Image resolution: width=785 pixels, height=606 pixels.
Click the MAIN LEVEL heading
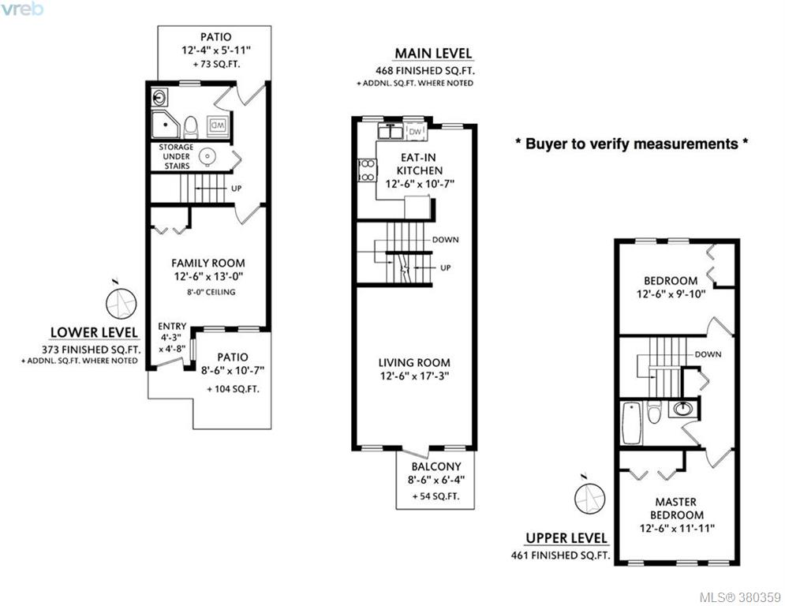(433, 53)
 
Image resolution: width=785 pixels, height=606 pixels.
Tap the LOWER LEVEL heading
(94, 332)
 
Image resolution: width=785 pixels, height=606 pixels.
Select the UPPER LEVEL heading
(566, 538)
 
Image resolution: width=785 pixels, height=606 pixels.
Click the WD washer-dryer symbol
(219, 125)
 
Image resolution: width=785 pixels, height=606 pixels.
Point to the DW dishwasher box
(415, 132)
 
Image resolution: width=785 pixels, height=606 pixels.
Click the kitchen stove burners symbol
(367, 170)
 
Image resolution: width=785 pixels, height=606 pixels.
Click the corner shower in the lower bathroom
(165, 124)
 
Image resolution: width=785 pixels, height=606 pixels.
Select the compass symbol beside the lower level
(121, 302)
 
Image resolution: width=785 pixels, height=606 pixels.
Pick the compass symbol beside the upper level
(590, 499)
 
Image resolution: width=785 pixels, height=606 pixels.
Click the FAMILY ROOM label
(208, 263)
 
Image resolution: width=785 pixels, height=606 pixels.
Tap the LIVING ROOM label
(414, 363)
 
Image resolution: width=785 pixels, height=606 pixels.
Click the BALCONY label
(436, 466)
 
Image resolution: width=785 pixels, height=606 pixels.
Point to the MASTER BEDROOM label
(676, 508)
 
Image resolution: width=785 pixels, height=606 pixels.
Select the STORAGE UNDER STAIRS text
(176, 156)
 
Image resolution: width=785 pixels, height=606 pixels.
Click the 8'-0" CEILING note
(211, 292)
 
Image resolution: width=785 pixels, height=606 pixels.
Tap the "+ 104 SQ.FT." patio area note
(233, 389)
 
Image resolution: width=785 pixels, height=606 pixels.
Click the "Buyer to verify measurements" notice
(632, 144)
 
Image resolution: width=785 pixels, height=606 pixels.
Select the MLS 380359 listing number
(740, 597)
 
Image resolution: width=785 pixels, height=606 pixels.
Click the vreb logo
(22, 9)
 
